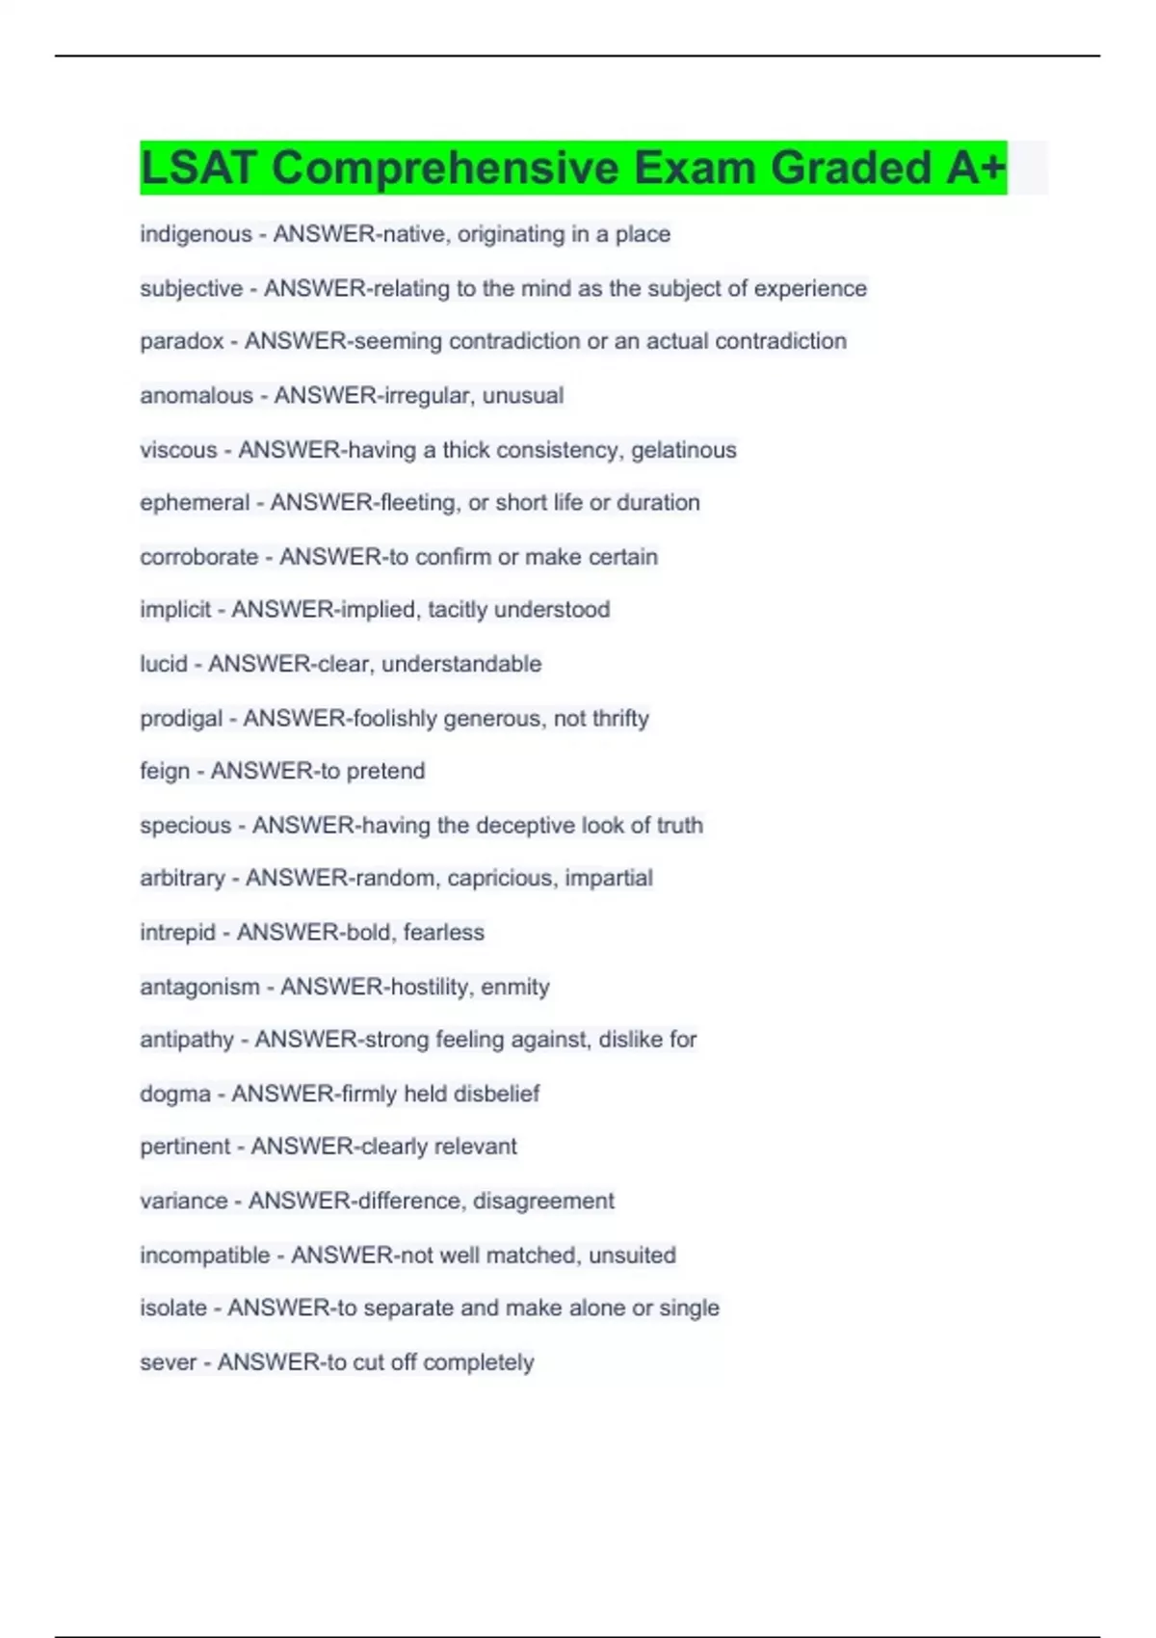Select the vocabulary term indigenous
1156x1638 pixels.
[x=196, y=234]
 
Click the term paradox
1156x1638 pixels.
[x=182, y=341]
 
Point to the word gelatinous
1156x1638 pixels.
[x=683, y=450]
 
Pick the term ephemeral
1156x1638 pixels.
[x=195, y=503]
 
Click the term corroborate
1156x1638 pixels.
[x=198, y=557]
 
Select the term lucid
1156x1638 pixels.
[x=164, y=664]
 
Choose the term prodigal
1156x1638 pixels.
[x=181, y=719]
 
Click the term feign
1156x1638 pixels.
[x=165, y=772]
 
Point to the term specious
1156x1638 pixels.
[x=186, y=826]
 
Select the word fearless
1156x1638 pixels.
[x=443, y=933]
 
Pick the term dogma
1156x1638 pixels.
[x=175, y=1095]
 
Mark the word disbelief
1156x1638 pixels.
[x=496, y=1094]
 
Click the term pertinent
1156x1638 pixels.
[x=185, y=1147]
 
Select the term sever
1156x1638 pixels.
[x=168, y=1362]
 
